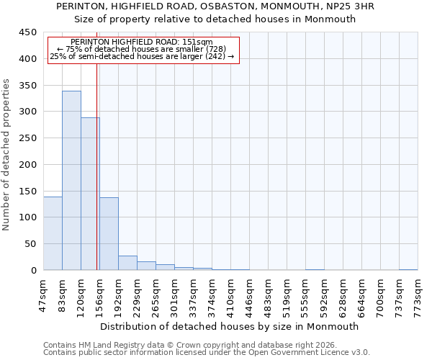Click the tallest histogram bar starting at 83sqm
pyautogui.click(x=71, y=180)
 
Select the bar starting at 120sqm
pyautogui.click(x=90, y=194)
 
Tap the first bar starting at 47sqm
pyautogui.click(x=53, y=233)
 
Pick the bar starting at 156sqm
pyautogui.click(x=109, y=234)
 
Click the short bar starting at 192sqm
pyautogui.click(x=127, y=263)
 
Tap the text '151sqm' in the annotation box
pyautogui.click(x=197, y=42)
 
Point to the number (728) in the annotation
pyautogui.click(x=215, y=49)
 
